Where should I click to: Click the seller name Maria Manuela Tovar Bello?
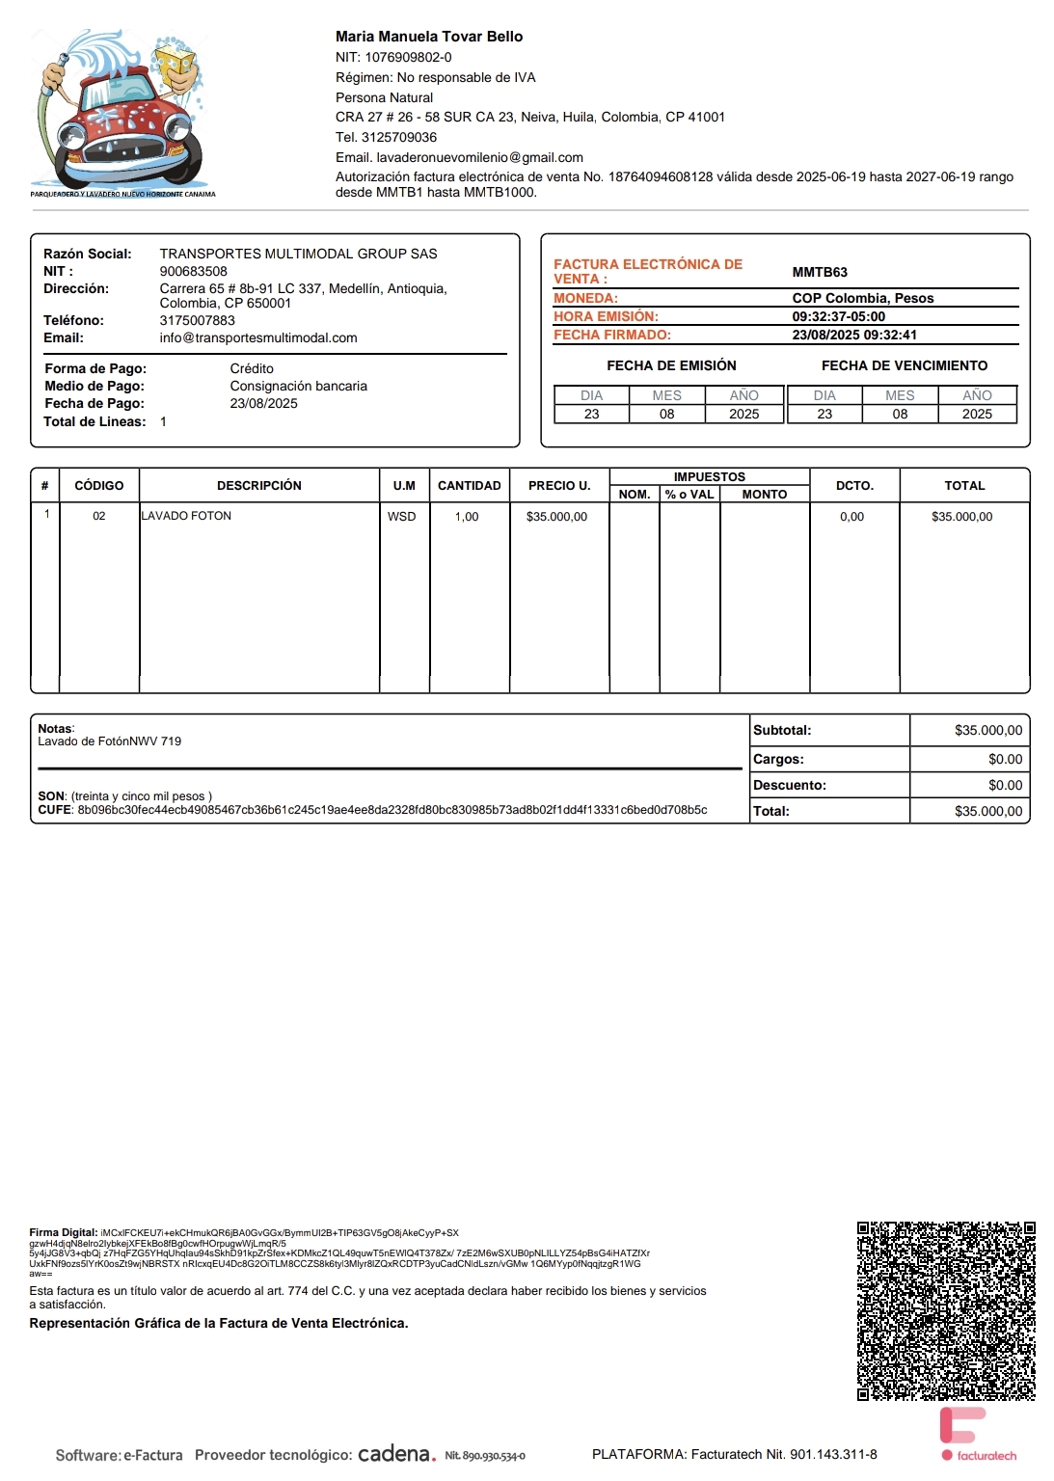tap(429, 37)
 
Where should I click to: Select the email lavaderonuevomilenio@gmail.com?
tap(479, 157)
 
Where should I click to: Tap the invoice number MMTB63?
tap(820, 272)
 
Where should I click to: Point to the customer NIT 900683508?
tap(194, 271)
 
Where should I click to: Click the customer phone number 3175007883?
tap(198, 320)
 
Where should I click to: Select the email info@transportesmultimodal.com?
tap(258, 337)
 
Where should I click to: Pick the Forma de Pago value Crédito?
tap(252, 368)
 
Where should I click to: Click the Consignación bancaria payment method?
tap(298, 386)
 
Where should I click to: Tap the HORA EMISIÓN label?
tap(606, 316)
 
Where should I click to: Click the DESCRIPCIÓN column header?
tap(259, 486)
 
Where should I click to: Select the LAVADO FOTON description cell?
tap(187, 516)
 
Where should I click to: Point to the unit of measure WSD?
tap(402, 517)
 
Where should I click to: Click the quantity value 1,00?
tap(467, 517)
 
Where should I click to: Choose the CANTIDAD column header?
tap(470, 486)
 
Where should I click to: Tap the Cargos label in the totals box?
tap(778, 759)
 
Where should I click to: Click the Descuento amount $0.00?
tap(1005, 785)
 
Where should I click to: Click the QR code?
tap(946, 1311)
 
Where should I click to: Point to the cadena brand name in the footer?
tap(396, 1454)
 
